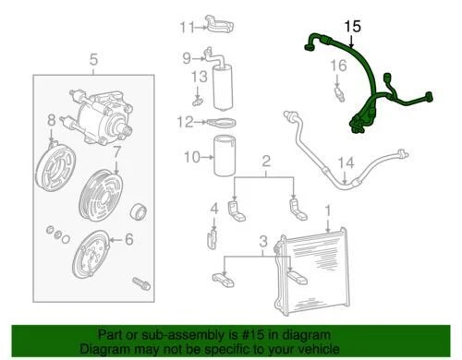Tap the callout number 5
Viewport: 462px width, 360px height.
tap(92, 62)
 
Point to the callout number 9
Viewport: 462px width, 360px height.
tap(186, 58)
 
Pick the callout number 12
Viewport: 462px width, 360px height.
tap(186, 122)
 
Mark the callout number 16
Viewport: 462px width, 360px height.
tap(338, 65)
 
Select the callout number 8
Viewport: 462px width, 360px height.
tap(52, 119)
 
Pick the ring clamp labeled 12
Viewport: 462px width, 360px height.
tap(221, 123)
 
